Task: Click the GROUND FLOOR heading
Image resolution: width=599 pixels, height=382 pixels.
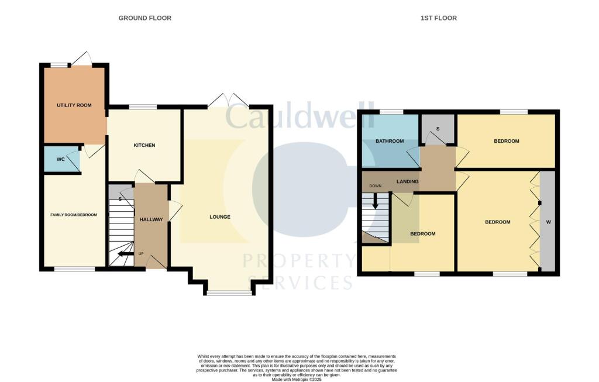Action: tap(145, 18)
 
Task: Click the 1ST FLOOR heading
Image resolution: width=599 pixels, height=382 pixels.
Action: tap(439, 18)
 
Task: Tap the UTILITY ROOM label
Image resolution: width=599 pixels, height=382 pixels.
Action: tap(74, 105)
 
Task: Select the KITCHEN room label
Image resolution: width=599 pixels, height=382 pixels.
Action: tap(144, 145)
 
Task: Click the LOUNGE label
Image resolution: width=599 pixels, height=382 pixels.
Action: tap(220, 217)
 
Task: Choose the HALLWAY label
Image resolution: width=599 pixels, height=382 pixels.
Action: tap(151, 219)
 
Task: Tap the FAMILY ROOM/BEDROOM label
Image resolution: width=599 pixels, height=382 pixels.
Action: tap(73, 215)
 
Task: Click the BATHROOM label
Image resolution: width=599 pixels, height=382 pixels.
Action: tap(390, 141)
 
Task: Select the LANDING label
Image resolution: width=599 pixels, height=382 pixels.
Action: tap(408, 181)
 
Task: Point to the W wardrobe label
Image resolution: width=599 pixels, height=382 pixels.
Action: tap(548, 222)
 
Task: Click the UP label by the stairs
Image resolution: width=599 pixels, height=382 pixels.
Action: tap(140, 254)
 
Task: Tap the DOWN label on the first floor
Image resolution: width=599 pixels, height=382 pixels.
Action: tap(374, 186)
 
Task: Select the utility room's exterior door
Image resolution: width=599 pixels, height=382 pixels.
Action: tap(81, 59)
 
